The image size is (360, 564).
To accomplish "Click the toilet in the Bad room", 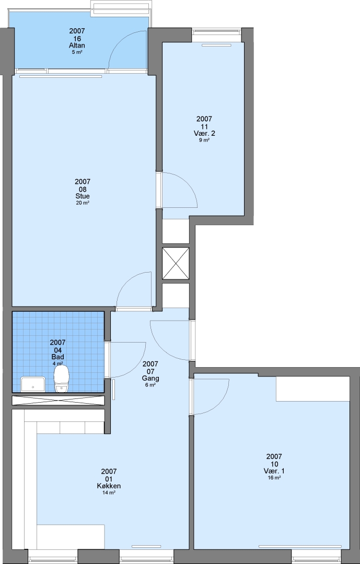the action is [x=61, y=379].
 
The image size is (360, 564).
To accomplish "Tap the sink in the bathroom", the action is [x=33, y=384].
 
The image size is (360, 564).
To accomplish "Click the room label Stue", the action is [x=83, y=196].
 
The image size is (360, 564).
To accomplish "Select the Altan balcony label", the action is [x=77, y=46].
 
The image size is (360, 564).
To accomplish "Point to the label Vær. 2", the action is [x=204, y=134].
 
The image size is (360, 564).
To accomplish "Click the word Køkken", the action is [x=109, y=486].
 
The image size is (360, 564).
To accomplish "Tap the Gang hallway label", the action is [x=150, y=379].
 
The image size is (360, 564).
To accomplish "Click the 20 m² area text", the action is [x=83, y=203].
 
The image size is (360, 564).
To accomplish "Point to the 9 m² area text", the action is [x=204, y=140].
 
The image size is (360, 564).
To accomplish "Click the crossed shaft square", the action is [x=176, y=263].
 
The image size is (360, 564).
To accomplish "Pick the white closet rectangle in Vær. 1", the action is [x=313, y=389].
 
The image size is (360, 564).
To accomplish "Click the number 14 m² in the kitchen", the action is [x=109, y=493].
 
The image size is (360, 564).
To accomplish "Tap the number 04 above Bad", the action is [x=57, y=350].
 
